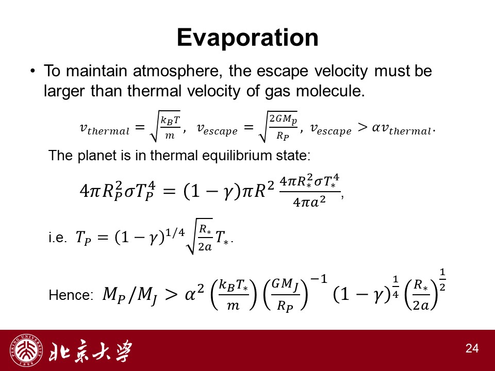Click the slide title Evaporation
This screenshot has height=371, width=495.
coord(247,38)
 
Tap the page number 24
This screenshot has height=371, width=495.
coord(472,348)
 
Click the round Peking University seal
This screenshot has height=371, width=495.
coord(26,350)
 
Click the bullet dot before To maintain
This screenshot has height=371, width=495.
coord(33,71)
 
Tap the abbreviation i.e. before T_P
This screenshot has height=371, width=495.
coord(57,237)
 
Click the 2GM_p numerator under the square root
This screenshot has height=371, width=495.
coord(283,119)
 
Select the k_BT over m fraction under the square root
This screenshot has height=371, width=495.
coord(170,127)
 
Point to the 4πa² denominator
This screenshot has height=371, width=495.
coord(309,201)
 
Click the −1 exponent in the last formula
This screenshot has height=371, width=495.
coord(319,279)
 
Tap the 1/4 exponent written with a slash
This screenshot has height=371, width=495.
coord(175,233)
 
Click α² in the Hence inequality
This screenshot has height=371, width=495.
coord(194,293)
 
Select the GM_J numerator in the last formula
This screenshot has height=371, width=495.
coord(285,283)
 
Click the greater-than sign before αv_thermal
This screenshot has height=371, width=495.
coord(362,127)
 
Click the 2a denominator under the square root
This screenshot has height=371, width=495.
coord(205,247)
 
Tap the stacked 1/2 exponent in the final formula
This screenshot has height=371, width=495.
coord(442,280)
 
